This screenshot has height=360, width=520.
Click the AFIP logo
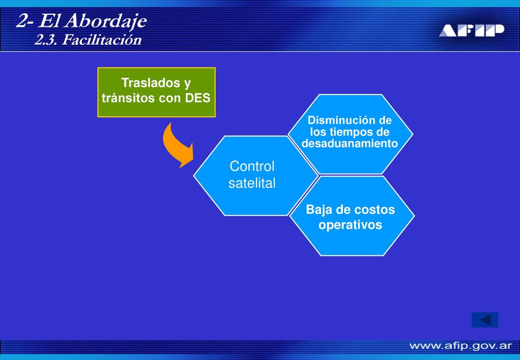(x=472, y=30)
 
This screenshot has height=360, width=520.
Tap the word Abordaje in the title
(x=106, y=22)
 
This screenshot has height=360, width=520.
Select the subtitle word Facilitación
(x=102, y=40)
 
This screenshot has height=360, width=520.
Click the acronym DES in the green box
(x=198, y=98)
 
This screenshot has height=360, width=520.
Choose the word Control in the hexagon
(x=252, y=166)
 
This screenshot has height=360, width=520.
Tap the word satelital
(x=252, y=183)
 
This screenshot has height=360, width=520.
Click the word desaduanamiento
(x=349, y=144)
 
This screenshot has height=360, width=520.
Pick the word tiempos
(x=351, y=132)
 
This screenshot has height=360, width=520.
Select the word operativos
(x=350, y=225)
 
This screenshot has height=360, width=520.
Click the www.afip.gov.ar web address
(x=461, y=346)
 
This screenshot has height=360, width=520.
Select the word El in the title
(x=50, y=21)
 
